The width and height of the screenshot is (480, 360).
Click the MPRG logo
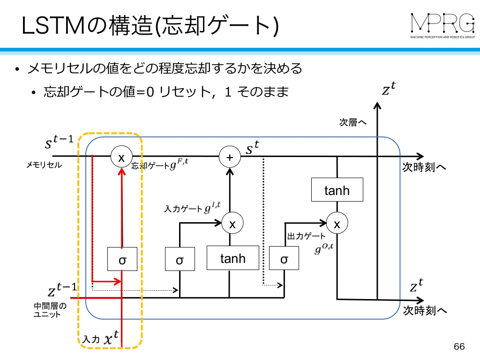(442, 26)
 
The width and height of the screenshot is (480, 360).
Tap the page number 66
(459, 346)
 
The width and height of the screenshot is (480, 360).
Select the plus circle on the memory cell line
(230, 157)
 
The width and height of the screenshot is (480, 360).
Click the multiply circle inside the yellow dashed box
(121, 157)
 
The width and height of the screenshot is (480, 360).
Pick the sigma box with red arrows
(122, 259)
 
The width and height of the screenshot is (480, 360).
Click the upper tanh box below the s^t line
(337, 190)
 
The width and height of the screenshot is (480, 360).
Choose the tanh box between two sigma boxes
(232, 258)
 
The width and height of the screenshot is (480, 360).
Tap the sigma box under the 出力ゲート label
(284, 258)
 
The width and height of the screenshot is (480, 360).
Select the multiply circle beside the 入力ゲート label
(232, 223)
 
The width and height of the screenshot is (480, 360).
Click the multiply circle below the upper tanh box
(337, 223)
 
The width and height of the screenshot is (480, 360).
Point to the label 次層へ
(352, 122)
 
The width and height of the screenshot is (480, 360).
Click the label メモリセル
(44, 165)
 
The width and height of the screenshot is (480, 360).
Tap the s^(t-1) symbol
(60, 142)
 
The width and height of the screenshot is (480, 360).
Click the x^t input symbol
(111, 337)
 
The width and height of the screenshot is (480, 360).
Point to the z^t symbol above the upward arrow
(389, 88)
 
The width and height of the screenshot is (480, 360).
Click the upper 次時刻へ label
(424, 167)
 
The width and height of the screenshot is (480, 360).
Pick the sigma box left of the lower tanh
(180, 259)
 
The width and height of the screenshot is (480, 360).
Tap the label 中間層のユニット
(50, 310)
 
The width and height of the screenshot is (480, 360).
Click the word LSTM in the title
(53, 26)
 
